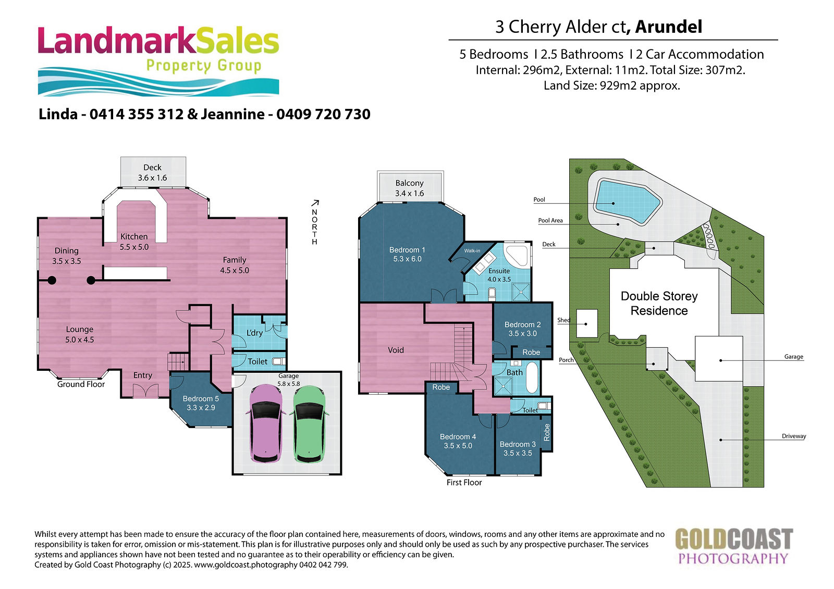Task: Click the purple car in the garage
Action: pyautogui.click(x=265, y=424)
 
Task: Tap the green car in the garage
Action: pyautogui.click(x=310, y=424)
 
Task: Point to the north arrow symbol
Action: pyautogui.click(x=315, y=203)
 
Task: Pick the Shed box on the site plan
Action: pyautogui.click(x=587, y=323)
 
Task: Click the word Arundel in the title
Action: pyautogui.click(x=669, y=27)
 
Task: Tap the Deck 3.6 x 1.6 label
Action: pyautogui.click(x=153, y=173)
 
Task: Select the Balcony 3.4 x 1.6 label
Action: pyautogui.click(x=410, y=188)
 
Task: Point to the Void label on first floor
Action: pyautogui.click(x=396, y=350)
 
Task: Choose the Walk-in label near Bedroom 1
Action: pyautogui.click(x=472, y=251)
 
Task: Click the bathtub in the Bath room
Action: pyautogui.click(x=532, y=377)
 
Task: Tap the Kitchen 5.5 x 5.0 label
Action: pyautogui.click(x=134, y=242)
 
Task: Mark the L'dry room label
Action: pyautogui.click(x=255, y=333)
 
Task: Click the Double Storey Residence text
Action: pyautogui.click(x=659, y=303)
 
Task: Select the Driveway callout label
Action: pyautogui.click(x=794, y=436)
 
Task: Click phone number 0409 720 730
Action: pyautogui.click(x=323, y=114)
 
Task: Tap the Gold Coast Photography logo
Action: pyautogui.click(x=734, y=546)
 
